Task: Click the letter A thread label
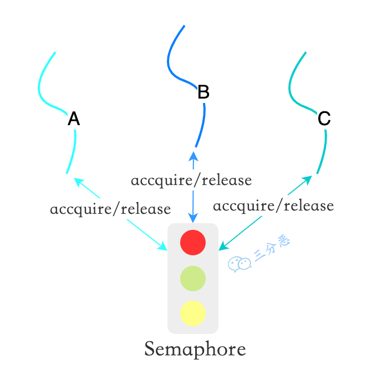[74, 119]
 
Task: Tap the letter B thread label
[203, 92]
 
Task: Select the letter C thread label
[324, 118]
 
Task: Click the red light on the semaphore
[193, 243]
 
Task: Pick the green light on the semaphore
[193, 278]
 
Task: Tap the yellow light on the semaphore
[193, 313]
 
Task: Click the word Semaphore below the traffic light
[195, 349]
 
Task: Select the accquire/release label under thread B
[191, 180]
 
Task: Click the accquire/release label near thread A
[110, 209]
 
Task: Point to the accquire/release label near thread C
[273, 206]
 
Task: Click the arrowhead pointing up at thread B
[193, 156]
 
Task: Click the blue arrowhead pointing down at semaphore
[193, 218]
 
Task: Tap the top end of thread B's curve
[183, 26]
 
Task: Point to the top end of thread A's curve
[55, 53]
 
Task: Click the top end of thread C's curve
[305, 53]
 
